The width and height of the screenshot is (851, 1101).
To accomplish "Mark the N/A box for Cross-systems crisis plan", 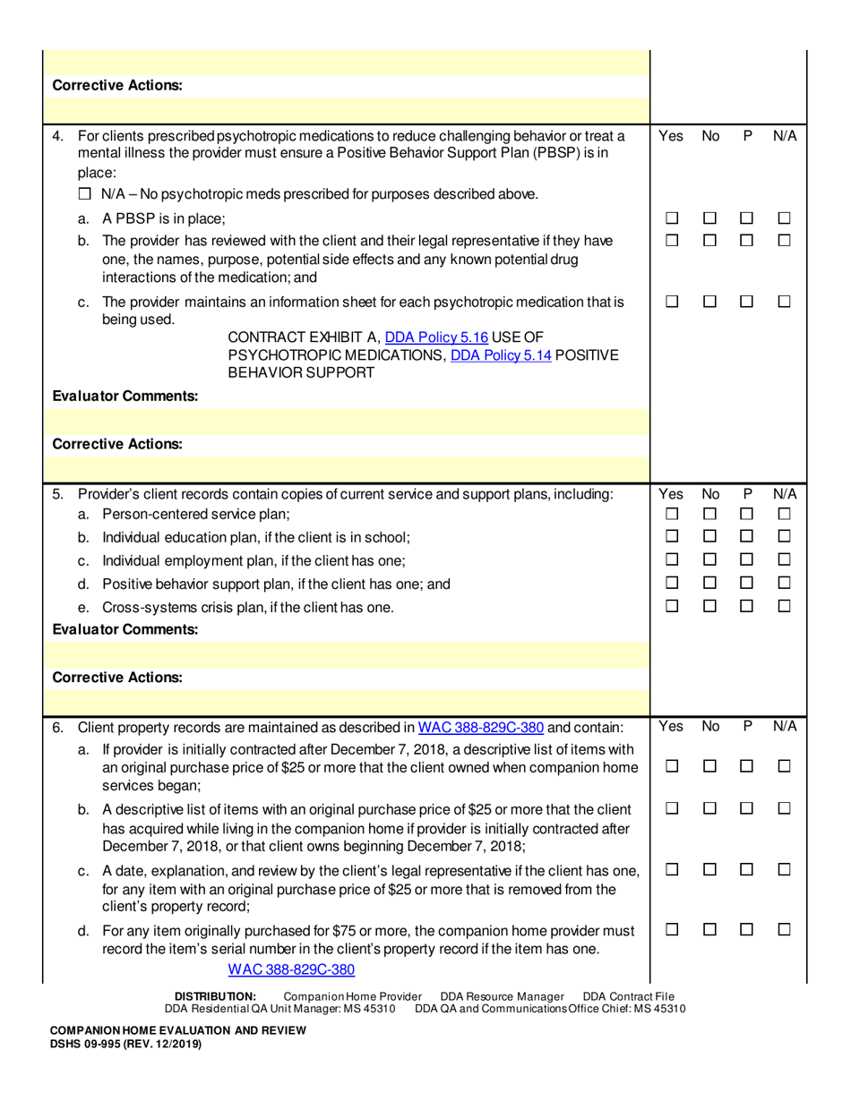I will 785,608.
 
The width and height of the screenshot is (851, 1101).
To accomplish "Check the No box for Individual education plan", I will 709,538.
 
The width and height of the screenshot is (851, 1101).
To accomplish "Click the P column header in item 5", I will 747,493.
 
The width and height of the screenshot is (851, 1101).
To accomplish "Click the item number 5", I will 58,494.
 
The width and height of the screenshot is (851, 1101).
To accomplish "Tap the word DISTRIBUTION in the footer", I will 215,996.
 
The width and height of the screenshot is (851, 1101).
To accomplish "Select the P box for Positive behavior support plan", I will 747,585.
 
